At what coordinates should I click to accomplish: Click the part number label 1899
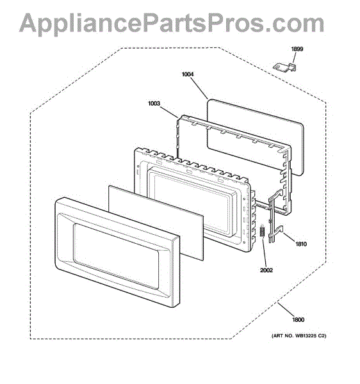pos(297,49)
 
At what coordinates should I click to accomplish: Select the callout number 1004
pos(188,74)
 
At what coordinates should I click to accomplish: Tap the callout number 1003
pos(154,103)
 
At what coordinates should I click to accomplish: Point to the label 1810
pos(300,244)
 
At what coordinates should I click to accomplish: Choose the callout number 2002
pos(266,270)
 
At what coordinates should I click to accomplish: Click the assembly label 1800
pos(298,319)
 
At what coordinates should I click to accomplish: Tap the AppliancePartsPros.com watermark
pos(172,23)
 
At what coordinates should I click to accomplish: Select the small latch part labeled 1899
pos(284,67)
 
